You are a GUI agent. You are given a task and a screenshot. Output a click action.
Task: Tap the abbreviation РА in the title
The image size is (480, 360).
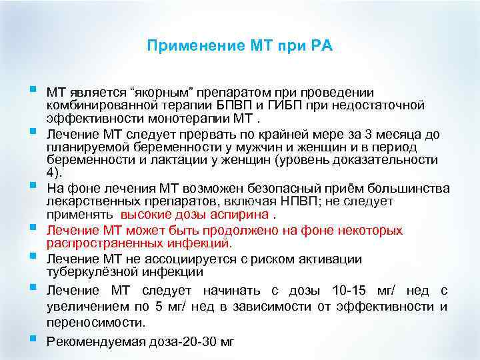coord(319,46)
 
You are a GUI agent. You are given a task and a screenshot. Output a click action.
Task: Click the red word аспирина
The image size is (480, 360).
coord(244,215)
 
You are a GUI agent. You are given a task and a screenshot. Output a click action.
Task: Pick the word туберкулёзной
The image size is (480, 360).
coord(90,272)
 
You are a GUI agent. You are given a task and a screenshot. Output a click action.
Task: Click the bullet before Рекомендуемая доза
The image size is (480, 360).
coord(33,339)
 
